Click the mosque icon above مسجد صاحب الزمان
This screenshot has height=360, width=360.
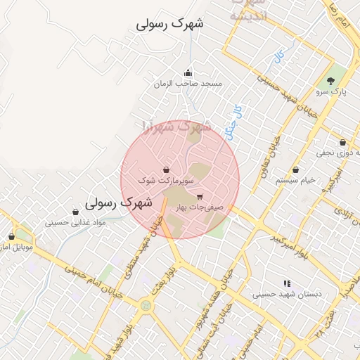tap(188, 72)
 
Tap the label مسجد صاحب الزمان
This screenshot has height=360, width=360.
tap(188, 84)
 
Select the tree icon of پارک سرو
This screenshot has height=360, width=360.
tap(331, 82)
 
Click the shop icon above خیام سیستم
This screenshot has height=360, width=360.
tap(295, 169)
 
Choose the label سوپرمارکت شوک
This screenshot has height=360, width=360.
tap(166, 180)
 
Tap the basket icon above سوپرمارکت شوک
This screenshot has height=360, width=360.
tap(166, 169)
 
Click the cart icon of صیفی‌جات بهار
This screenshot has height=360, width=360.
tap(200, 197)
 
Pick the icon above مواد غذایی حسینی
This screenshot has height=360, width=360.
tap(75, 212)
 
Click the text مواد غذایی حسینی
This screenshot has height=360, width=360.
tap(75, 222)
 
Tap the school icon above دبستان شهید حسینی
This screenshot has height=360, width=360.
tap(286, 283)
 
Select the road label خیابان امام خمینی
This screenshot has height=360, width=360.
tap(95, 281)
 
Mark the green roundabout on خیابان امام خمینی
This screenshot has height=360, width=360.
tap(146, 306)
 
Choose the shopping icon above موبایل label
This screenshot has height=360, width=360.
tap(11, 237)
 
